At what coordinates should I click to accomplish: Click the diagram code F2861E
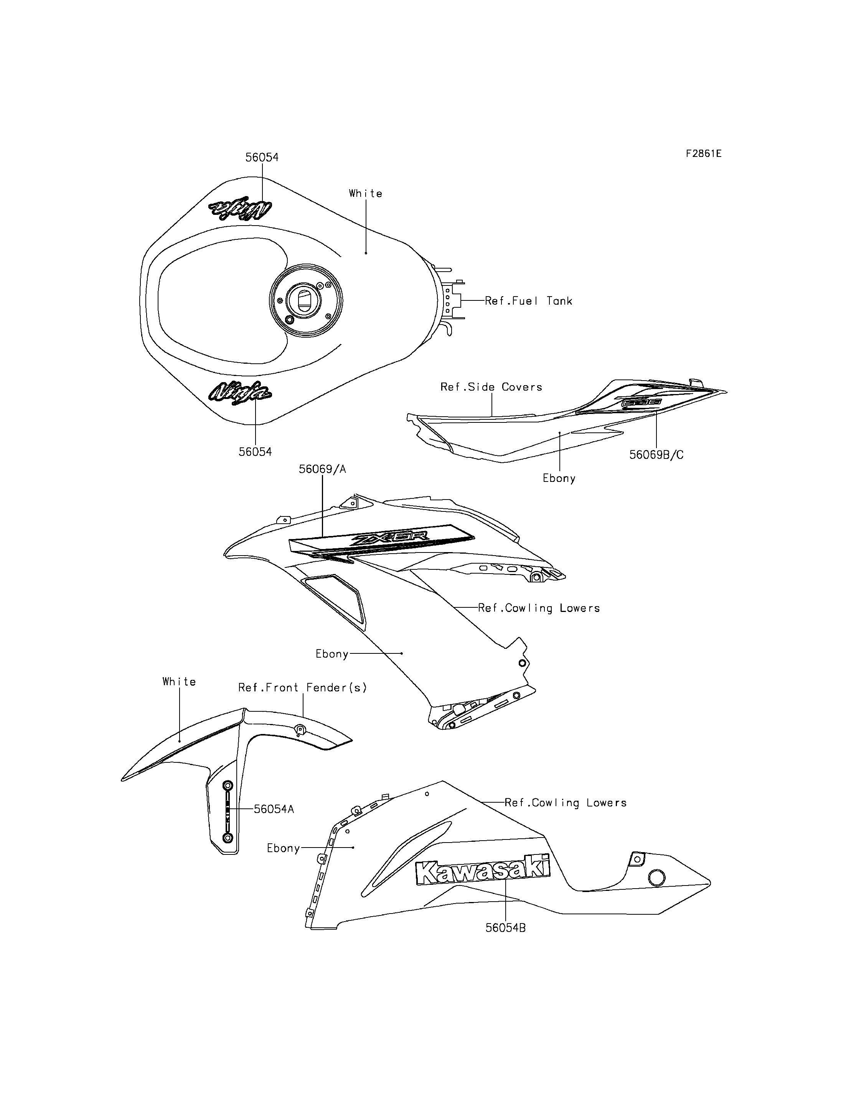tap(703, 154)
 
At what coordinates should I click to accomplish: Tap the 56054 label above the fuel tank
tap(262, 157)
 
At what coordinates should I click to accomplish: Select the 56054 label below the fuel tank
tap(255, 452)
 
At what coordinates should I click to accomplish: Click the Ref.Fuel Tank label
tap(528, 301)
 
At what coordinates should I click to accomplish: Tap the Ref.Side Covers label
tap(491, 387)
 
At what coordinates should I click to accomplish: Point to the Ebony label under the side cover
tap(559, 478)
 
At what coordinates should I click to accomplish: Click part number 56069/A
tap(322, 469)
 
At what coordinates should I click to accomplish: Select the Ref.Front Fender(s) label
tap(302, 688)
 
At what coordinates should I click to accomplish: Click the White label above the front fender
tap(179, 681)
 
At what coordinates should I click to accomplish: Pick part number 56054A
tap(274, 809)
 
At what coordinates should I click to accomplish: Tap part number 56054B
tap(506, 928)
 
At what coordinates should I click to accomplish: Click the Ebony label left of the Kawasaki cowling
tap(283, 848)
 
